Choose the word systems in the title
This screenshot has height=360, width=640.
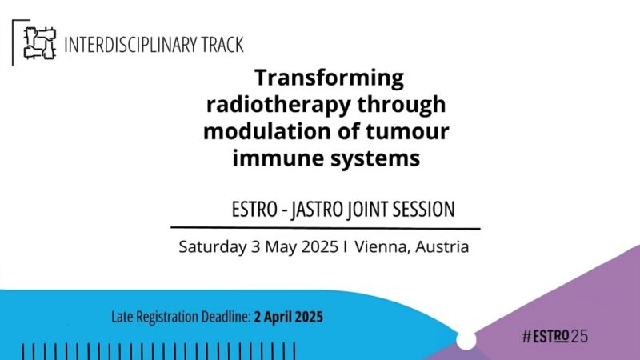click(x=382, y=158)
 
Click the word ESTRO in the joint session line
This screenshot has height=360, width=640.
click(x=252, y=210)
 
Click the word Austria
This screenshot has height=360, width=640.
click(x=441, y=247)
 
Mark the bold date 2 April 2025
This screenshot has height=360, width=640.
click(x=288, y=317)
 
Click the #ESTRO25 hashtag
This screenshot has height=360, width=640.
click(x=554, y=337)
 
